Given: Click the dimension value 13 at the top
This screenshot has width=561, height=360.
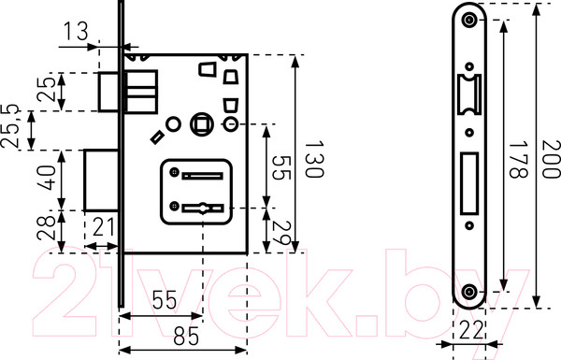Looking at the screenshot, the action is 76,31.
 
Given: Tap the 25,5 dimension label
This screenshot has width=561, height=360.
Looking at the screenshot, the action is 10,126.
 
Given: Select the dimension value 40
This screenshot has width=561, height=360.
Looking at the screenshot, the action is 47,178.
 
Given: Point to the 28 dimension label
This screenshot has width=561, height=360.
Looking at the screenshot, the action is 47,228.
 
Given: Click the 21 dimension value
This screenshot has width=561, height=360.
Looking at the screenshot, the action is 104,226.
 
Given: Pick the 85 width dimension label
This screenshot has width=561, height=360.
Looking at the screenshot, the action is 186,337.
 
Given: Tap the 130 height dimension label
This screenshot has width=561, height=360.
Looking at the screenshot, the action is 314,159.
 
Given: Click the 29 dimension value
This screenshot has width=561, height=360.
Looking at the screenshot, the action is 281,233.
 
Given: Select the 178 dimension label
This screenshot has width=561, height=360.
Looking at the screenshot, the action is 518,160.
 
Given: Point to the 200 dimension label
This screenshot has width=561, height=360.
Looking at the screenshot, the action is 552,159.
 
